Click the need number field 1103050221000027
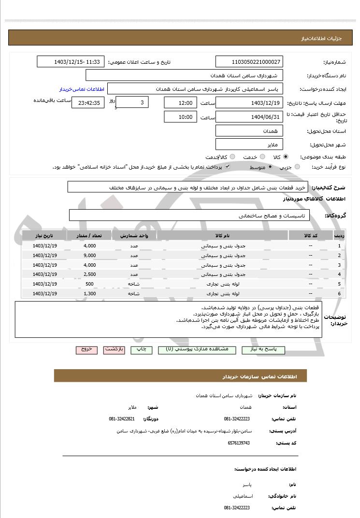pyautogui.click(x=249, y=62)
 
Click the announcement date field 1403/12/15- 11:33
pyautogui.click(x=71, y=62)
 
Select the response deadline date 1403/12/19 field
pyautogui.click(x=249, y=103)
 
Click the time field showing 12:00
pyautogui.click(x=180, y=103)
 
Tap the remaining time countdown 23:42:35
pyautogui.click(x=87, y=103)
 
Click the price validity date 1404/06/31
pyautogui.click(x=249, y=117)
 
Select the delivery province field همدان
pyautogui.click(x=249, y=131)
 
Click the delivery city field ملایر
pyautogui.click(x=249, y=144)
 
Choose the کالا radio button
pyautogui.click(x=286, y=157)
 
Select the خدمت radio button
pyautogui.click(x=262, y=157)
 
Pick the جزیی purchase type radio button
pyautogui.click(x=297, y=167)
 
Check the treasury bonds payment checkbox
pyautogui.click(x=228, y=167)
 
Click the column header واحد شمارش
pyautogui.click(x=134, y=235)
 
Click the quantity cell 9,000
pyautogui.click(x=89, y=255)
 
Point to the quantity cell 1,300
pyautogui.click(x=89, y=293)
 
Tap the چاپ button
pyautogui.click(x=141, y=349)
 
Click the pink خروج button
pyautogui.click(x=86, y=349)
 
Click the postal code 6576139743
pyautogui.click(x=239, y=443)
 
